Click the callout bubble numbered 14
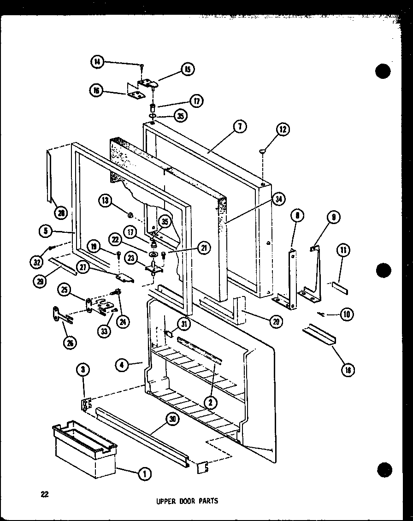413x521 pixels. tap(98, 62)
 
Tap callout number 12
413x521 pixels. tap(282, 130)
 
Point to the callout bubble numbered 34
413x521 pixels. tap(278, 199)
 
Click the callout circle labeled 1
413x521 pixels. tap(145, 473)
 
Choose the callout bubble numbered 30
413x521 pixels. tap(172, 420)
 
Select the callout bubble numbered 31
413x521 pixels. tap(184, 325)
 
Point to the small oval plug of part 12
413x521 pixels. tap(263, 150)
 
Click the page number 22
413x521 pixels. tap(44, 494)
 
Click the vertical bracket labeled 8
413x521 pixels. tap(292, 277)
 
